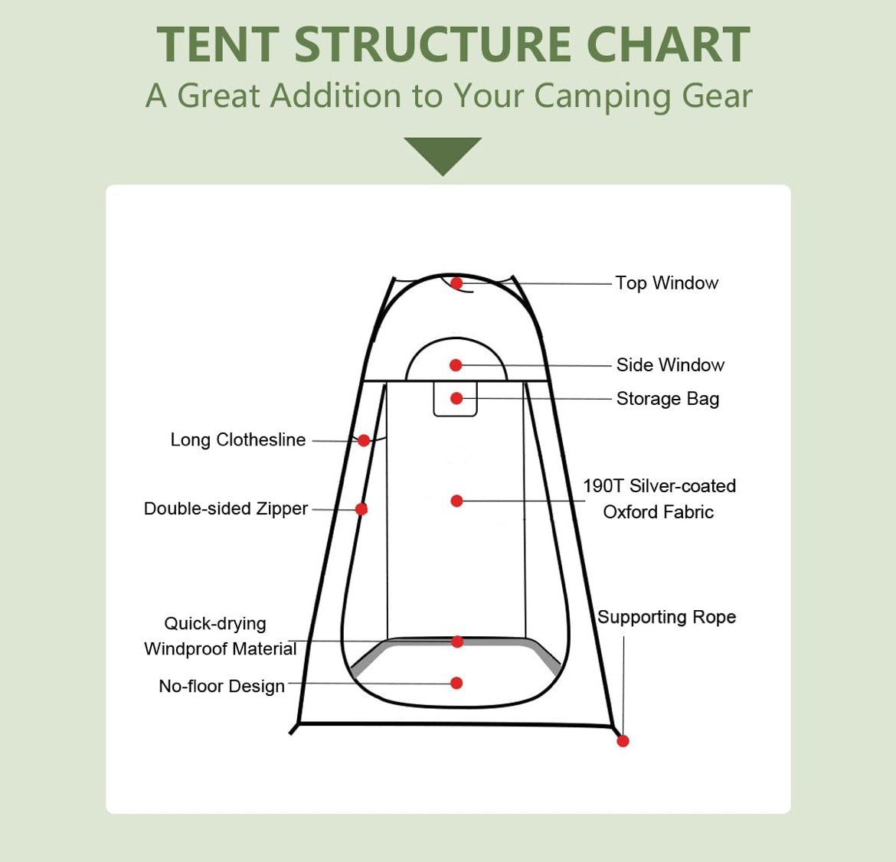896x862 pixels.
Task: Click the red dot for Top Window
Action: (456, 282)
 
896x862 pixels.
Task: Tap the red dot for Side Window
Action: (456, 365)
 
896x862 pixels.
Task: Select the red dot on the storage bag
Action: (456, 398)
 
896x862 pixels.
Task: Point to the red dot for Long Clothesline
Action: (364, 440)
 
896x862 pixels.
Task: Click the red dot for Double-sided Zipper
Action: (361, 509)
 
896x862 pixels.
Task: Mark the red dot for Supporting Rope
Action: (623, 741)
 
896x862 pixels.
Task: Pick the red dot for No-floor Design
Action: (456, 683)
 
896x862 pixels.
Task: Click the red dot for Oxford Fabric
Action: (456, 501)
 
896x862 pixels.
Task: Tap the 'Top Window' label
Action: (666, 282)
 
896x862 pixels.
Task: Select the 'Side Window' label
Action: (670, 365)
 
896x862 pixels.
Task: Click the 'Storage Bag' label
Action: (668, 399)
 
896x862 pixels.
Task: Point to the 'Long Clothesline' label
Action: (238, 440)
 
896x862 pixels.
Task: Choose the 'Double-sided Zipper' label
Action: (226, 508)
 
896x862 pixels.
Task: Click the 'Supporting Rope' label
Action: (667, 617)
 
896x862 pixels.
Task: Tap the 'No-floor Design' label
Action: (222, 685)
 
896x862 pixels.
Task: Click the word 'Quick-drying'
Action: (215, 624)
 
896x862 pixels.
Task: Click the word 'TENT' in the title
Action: (217, 44)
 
